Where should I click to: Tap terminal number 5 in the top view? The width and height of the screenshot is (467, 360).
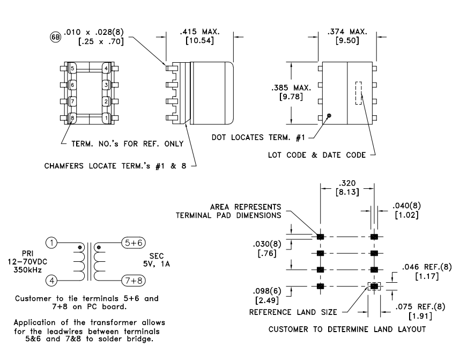pos(72,68)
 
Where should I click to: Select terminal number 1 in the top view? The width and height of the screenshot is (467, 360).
pos(107,116)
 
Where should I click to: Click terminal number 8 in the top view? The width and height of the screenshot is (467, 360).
pos(72,116)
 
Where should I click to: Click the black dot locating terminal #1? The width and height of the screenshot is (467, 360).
pos(329,115)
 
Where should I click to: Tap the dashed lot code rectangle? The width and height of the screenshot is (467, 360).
pos(358,93)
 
